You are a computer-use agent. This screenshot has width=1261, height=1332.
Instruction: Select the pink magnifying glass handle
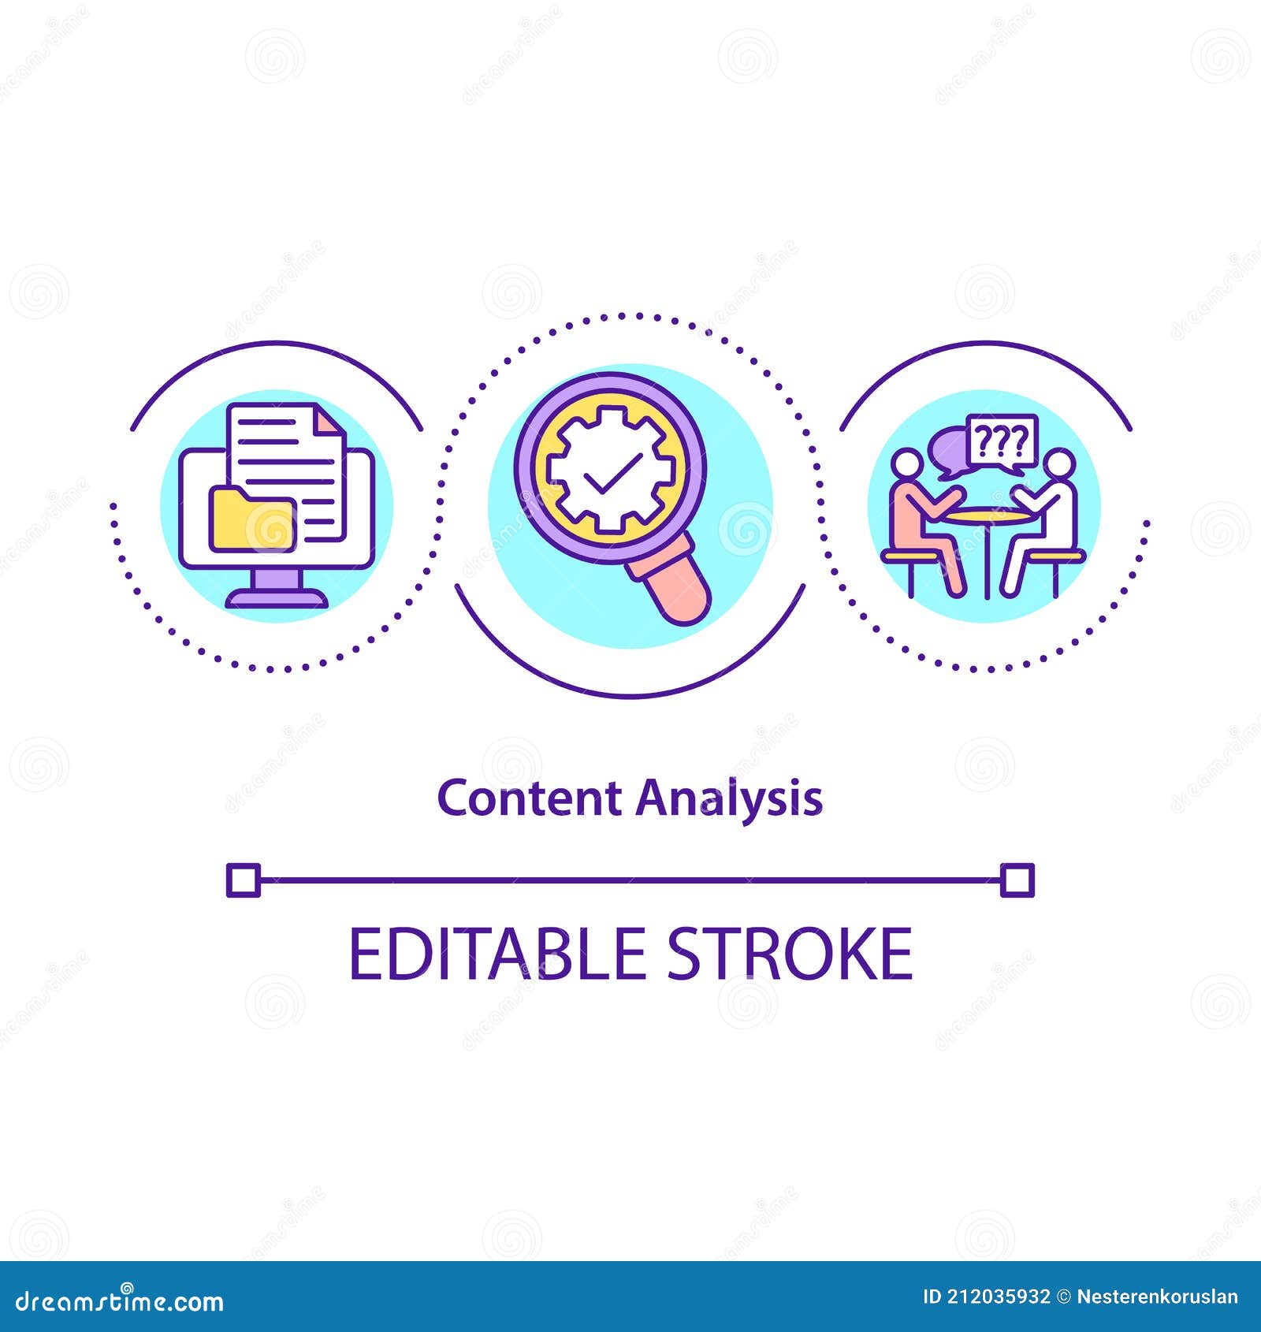coord(679,583)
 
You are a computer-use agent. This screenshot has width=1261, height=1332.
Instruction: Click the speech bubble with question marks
coord(1002,442)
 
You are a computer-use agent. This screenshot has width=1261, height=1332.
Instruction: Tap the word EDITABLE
coord(497,954)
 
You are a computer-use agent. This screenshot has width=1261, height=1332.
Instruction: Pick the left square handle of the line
coord(244,880)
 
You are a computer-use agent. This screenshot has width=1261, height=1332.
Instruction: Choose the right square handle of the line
coord(1017,880)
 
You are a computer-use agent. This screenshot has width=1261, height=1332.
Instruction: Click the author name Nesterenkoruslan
coord(1157,1297)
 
